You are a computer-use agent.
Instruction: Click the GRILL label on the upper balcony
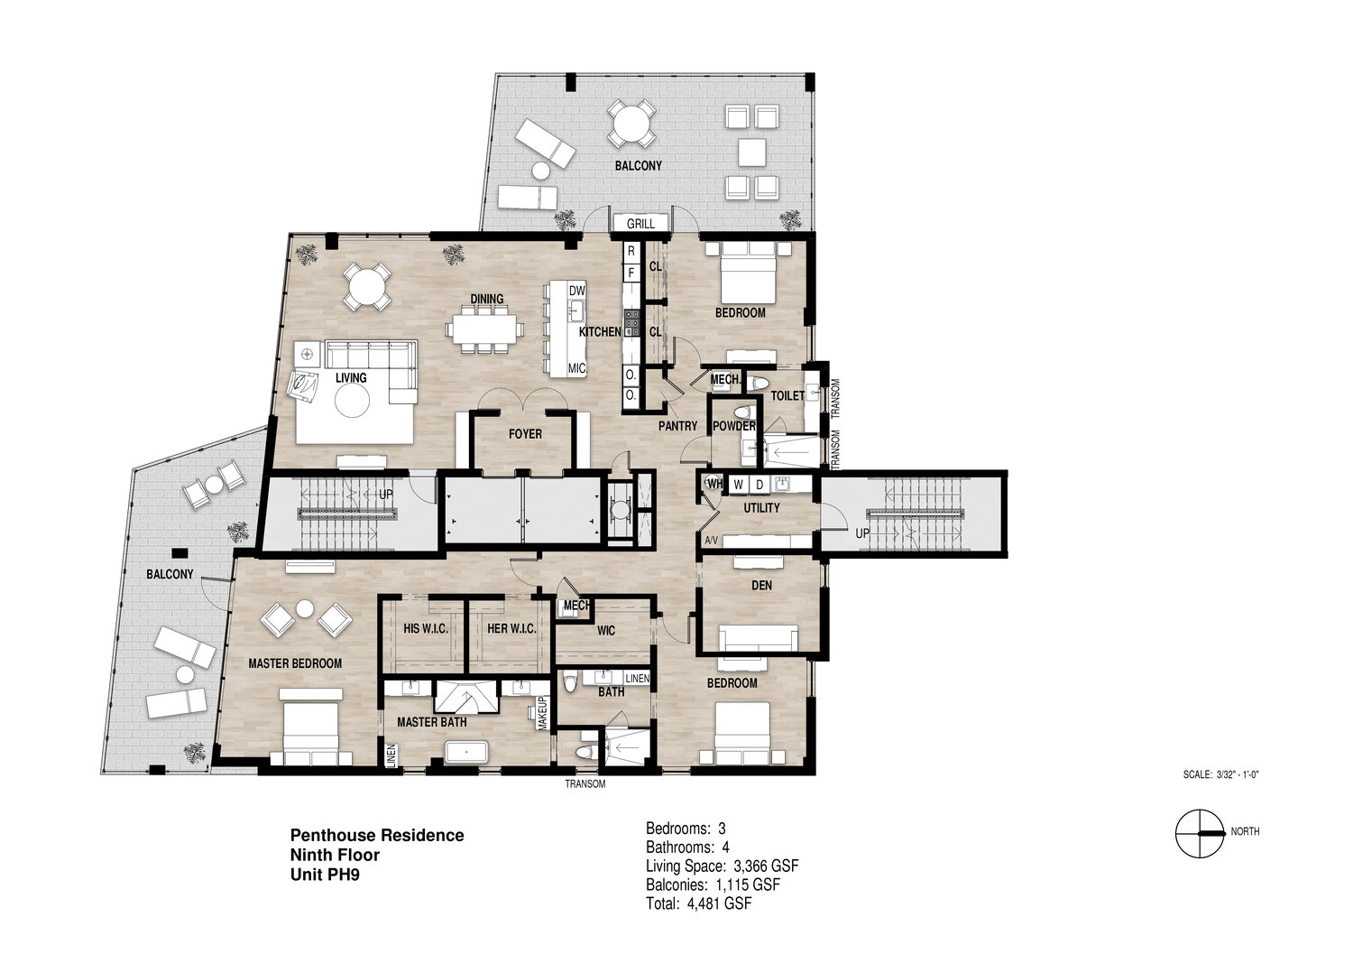(640, 224)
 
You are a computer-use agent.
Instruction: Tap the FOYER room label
(525, 434)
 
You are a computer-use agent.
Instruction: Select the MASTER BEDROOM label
(295, 663)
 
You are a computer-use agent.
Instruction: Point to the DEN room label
(761, 585)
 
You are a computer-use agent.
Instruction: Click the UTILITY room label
(761, 508)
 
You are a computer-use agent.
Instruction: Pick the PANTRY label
(677, 426)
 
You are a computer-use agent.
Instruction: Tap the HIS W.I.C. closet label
(426, 629)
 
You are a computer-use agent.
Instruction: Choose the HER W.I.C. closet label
(511, 629)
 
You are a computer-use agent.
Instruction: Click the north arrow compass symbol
(1200, 833)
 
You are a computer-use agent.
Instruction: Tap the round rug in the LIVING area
(352, 401)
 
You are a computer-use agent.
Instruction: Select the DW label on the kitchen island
(577, 291)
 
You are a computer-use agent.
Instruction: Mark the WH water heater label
(714, 484)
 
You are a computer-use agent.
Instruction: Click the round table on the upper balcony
(630, 125)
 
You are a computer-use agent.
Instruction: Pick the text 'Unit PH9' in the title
(325, 875)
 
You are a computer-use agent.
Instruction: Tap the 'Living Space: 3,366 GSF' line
(723, 866)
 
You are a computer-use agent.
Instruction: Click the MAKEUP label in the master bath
(542, 713)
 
